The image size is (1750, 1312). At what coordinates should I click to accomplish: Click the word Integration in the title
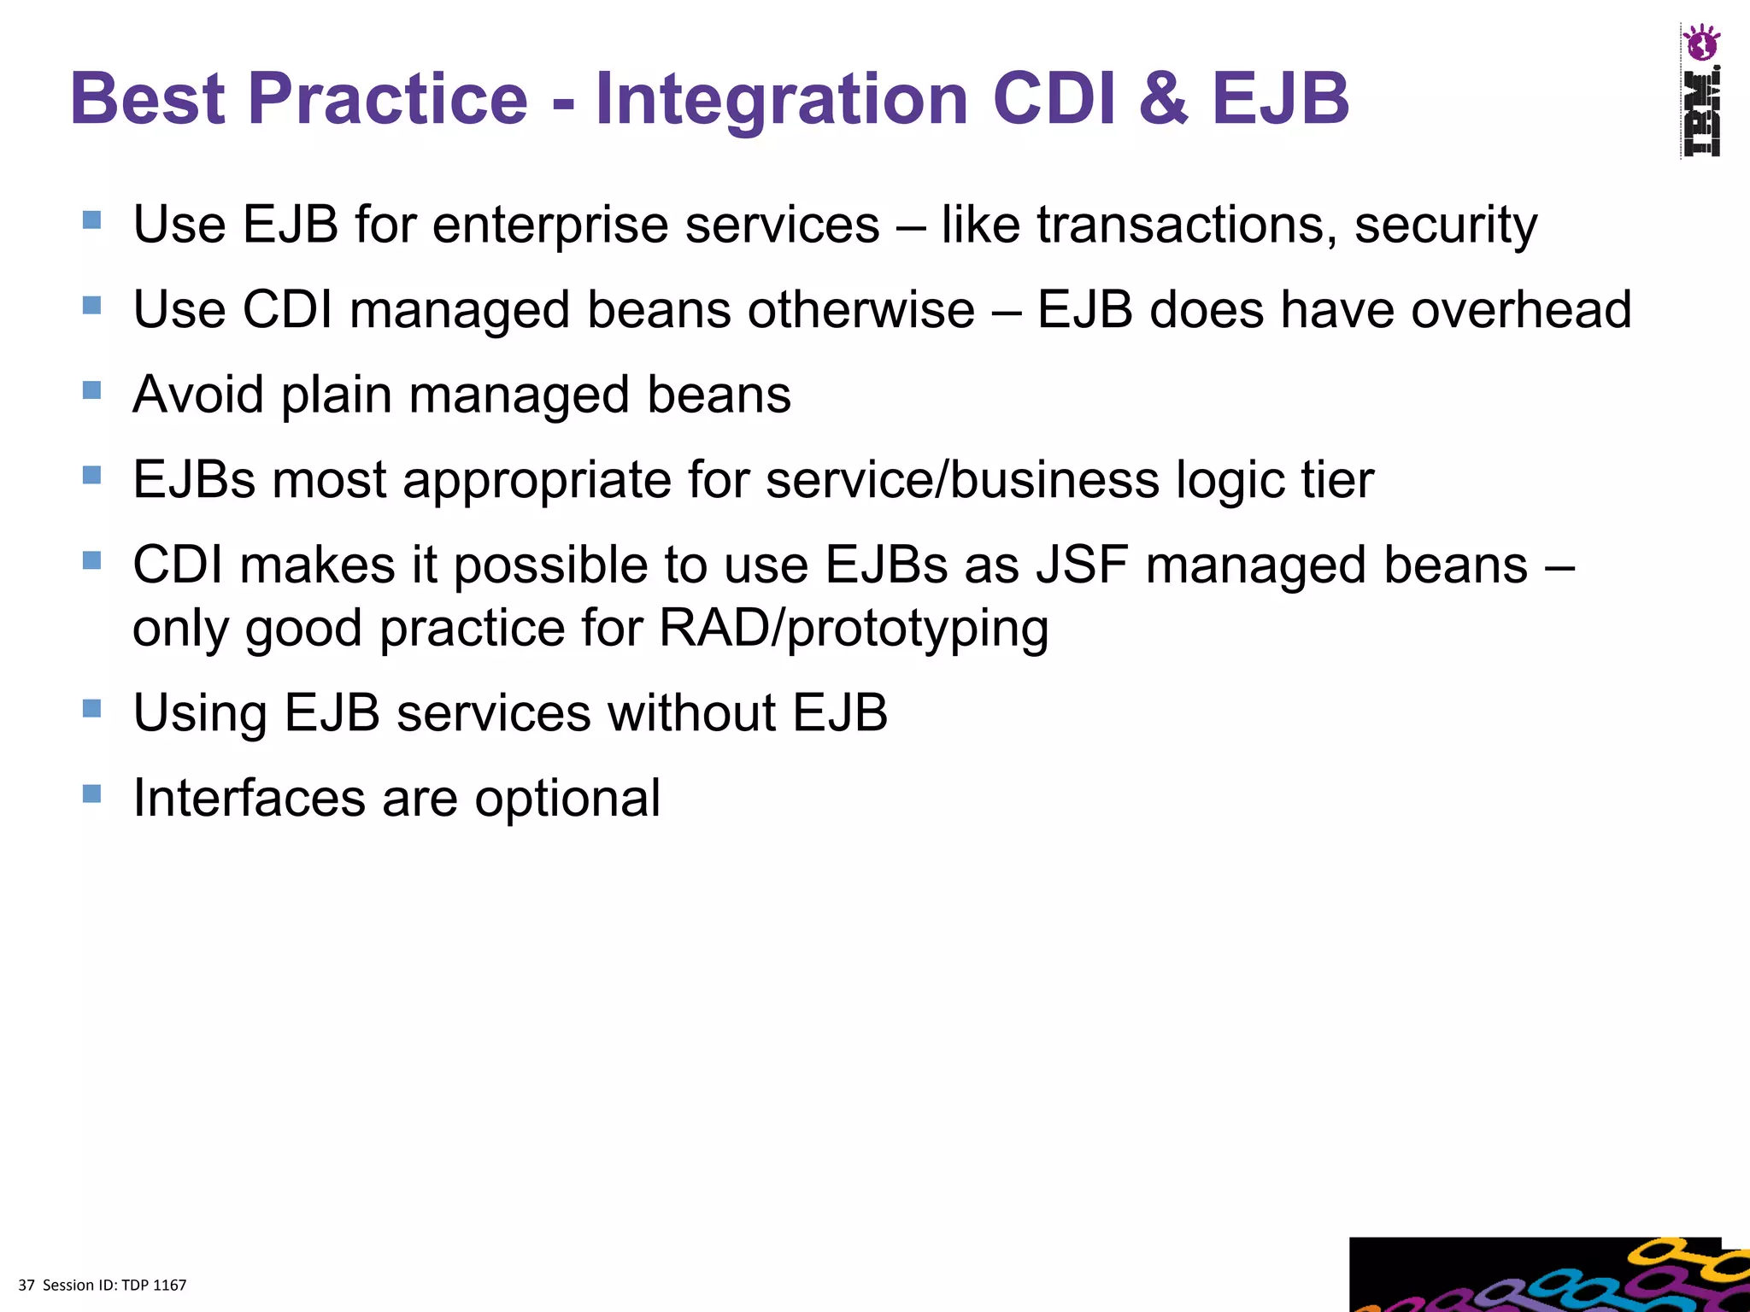click(781, 99)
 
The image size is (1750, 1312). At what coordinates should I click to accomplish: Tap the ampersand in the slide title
click(1162, 99)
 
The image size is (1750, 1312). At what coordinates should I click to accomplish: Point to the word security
click(1446, 227)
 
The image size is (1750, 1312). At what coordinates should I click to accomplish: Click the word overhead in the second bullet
click(1521, 309)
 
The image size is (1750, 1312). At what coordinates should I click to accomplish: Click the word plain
click(336, 396)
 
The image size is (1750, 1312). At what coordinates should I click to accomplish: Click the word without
click(691, 713)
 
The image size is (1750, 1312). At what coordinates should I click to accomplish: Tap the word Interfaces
click(249, 799)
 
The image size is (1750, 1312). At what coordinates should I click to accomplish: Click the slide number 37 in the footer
click(26, 1286)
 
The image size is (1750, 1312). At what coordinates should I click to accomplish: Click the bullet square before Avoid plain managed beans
click(92, 390)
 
